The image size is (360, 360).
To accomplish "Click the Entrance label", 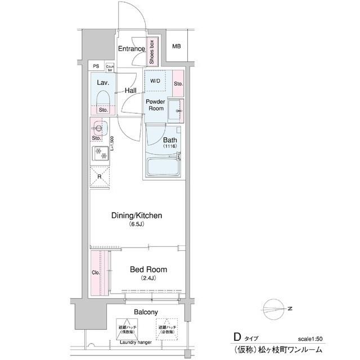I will click(x=132, y=49).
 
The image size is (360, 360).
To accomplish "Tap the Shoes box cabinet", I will click(x=151, y=51).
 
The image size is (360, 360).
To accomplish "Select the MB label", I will click(x=177, y=46).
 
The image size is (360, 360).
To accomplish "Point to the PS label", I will click(x=96, y=66).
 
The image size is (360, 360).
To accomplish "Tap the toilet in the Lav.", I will click(x=103, y=100).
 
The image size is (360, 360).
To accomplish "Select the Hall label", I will click(x=130, y=90).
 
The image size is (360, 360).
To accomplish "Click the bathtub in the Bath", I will click(x=163, y=166).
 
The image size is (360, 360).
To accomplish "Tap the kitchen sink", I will click(x=100, y=126).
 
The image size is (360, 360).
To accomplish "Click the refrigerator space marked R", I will click(x=100, y=176).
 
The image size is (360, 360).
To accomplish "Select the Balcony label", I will click(x=145, y=312).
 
